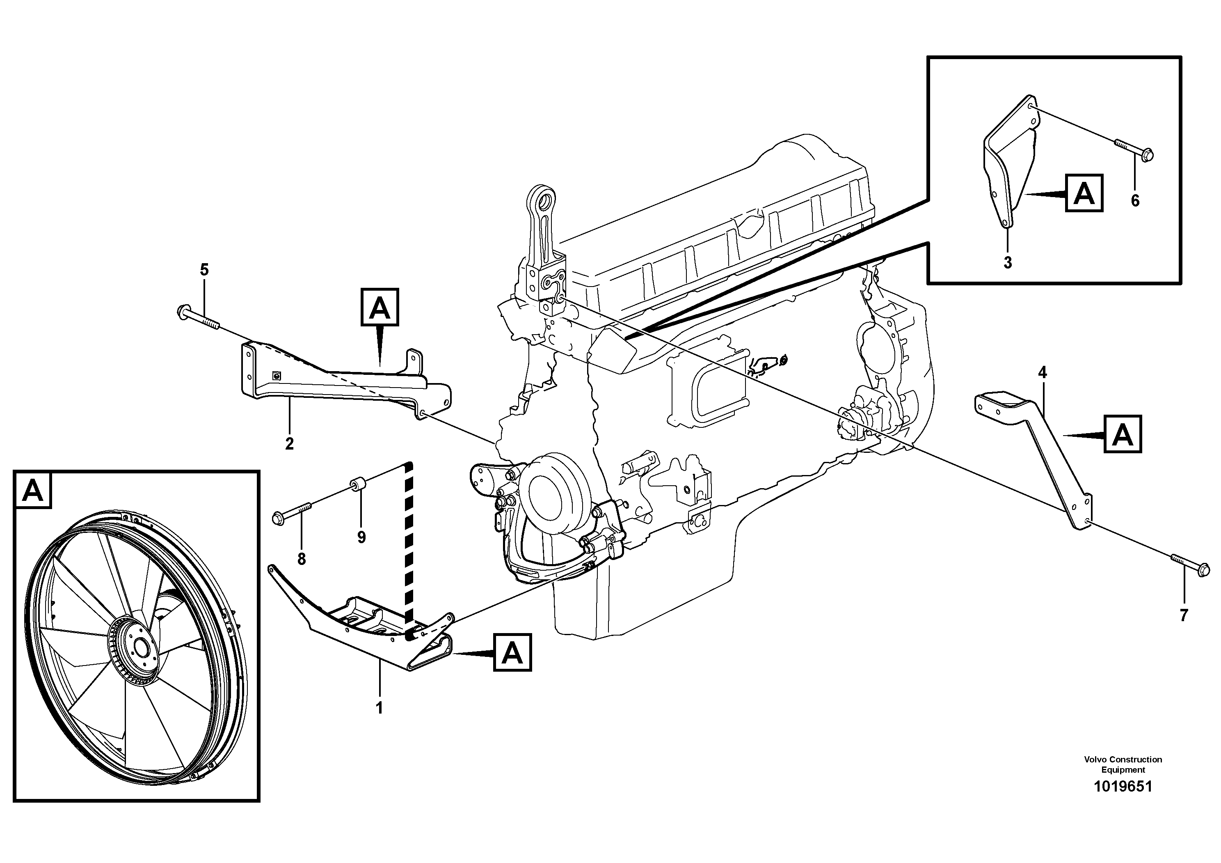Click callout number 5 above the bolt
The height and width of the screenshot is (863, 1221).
coord(204,270)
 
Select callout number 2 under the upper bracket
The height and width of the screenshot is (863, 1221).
coord(289,444)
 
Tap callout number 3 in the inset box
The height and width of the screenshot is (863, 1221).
coord(1007,263)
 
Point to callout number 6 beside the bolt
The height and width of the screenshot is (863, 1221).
coord(1135,201)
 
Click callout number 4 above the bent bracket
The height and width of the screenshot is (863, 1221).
coord(1042,373)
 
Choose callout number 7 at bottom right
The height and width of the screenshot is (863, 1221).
coord(1183,615)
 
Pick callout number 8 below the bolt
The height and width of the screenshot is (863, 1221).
coord(302,559)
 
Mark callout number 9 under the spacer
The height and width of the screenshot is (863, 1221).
coord(361,537)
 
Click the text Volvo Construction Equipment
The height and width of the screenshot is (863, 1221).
coord(1123,764)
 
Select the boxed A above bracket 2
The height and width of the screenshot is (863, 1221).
coord(380,307)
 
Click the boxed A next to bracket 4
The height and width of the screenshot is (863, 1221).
coord(1123,434)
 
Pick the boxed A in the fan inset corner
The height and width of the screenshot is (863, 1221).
coord(33,490)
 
